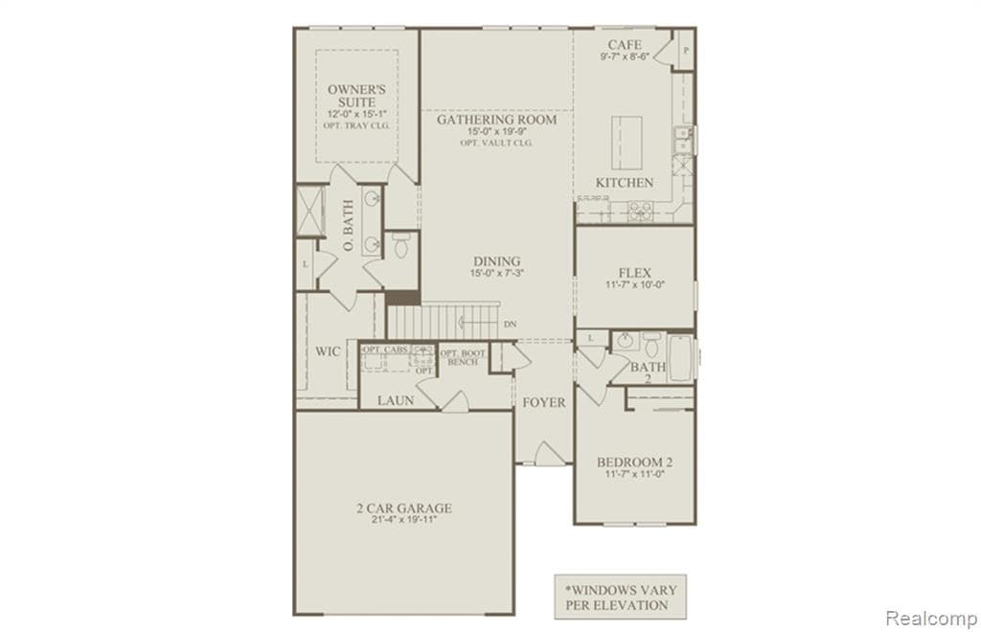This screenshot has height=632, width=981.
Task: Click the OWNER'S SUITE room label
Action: (x=355, y=95)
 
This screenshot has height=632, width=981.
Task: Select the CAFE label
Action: (x=625, y=45)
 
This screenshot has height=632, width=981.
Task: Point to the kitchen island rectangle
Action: (x=627, y=138)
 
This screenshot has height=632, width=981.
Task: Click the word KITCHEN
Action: (x=625, y=182)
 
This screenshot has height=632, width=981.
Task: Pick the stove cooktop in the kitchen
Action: (x=640, y=212)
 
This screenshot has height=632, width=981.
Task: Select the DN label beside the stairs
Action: (x=510, y=325)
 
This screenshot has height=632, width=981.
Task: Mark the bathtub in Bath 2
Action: (x=682, y=358)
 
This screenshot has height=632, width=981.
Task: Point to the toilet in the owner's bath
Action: (x=400, y=245)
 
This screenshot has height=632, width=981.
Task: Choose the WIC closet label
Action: (x=328, y=351)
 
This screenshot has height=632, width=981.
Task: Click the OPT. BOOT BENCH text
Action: (x=465, y=358)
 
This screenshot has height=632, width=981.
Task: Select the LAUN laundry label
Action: (x=395, y=400)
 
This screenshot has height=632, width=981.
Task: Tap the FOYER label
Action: (x=543, y=402)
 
